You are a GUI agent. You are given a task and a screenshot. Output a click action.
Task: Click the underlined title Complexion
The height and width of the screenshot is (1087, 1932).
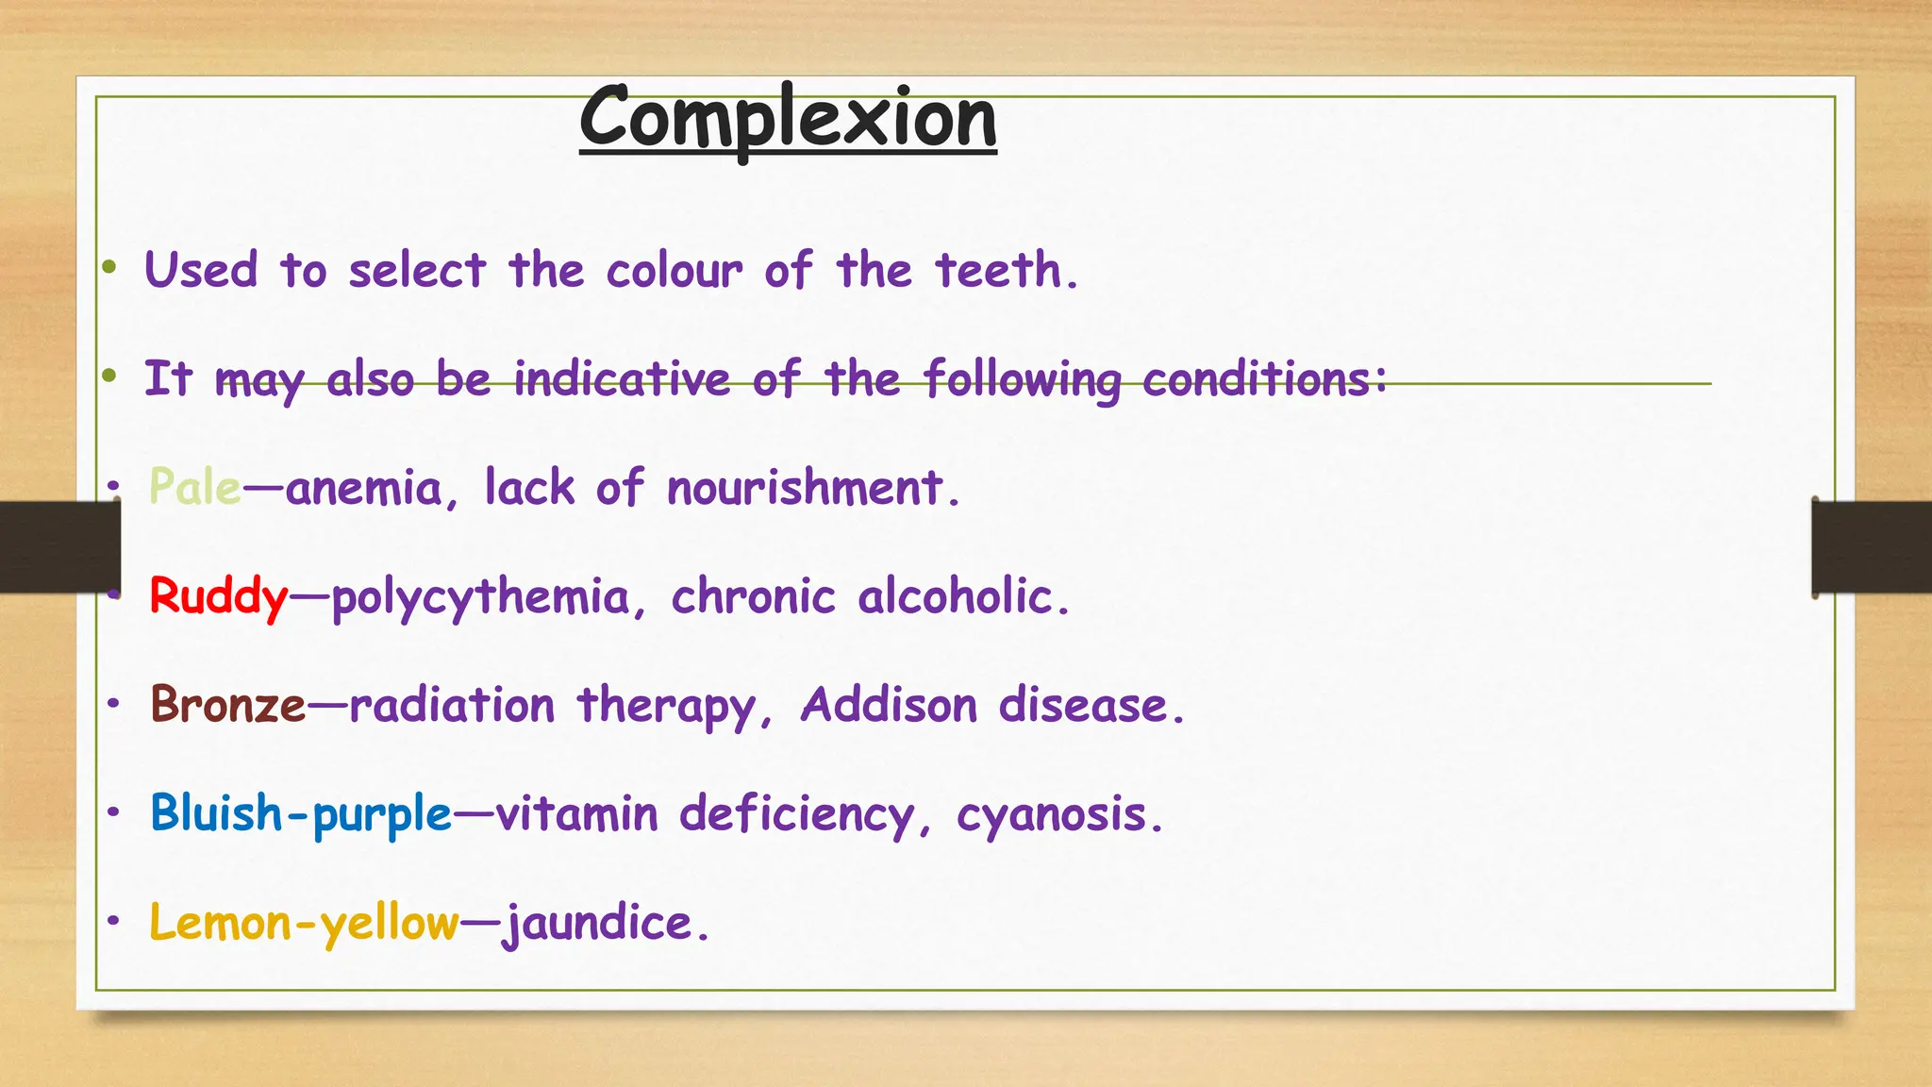(788, 120)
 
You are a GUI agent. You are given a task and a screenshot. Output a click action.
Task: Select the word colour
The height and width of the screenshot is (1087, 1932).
(675, 272)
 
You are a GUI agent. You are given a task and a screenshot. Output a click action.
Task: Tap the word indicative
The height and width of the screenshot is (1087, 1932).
(622, 379)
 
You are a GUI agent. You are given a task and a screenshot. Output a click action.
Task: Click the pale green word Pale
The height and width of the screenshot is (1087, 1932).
(195, 488)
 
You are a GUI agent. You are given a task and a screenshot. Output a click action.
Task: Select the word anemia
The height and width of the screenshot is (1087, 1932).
(364, 489)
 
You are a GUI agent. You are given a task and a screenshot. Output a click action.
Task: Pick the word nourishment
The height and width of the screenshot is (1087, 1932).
(805, 489)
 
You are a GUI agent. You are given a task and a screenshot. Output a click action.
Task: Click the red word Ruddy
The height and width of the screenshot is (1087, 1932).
(219, 597)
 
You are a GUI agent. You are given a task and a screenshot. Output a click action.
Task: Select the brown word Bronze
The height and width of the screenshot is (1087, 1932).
(228, 706)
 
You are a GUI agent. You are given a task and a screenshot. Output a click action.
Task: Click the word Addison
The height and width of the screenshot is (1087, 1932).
(889, 706)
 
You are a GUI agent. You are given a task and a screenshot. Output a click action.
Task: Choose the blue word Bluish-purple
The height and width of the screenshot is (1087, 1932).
(301, 814)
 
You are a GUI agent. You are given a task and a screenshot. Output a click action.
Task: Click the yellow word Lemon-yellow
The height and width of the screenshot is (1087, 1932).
(304, 923)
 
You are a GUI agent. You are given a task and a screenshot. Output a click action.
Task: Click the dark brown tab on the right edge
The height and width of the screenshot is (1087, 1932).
(1871, 547)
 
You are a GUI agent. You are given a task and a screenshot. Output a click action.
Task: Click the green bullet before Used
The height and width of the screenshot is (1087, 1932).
(110, 268)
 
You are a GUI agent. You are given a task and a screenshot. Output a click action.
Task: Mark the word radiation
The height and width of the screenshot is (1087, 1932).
(452, 706)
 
